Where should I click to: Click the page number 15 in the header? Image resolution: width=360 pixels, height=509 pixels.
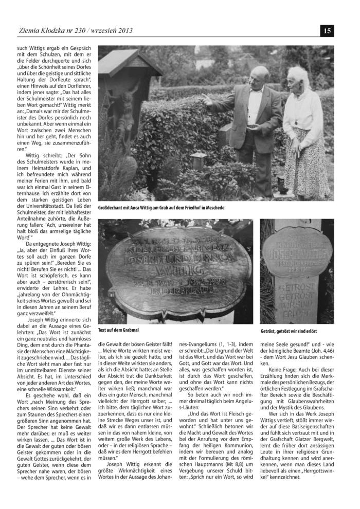(x=327, y=31)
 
